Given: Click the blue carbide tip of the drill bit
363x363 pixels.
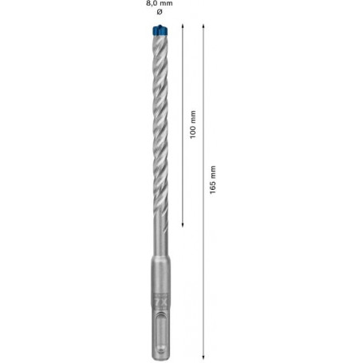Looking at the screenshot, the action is [160, 30].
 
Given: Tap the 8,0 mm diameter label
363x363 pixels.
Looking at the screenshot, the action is [160, 3].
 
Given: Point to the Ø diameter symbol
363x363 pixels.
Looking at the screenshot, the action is [160, 12].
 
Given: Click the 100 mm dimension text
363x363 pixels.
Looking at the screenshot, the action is [193, 124].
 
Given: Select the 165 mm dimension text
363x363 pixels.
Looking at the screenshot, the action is [213, 180].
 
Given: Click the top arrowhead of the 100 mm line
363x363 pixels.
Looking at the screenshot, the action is [183, 26].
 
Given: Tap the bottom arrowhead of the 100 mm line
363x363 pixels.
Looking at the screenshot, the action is [183, 225].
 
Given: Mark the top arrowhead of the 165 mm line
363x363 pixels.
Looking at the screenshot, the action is [203, 26].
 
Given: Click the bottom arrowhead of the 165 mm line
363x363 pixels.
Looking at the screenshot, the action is [203, 357].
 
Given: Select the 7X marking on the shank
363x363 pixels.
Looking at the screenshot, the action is [160, 303].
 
